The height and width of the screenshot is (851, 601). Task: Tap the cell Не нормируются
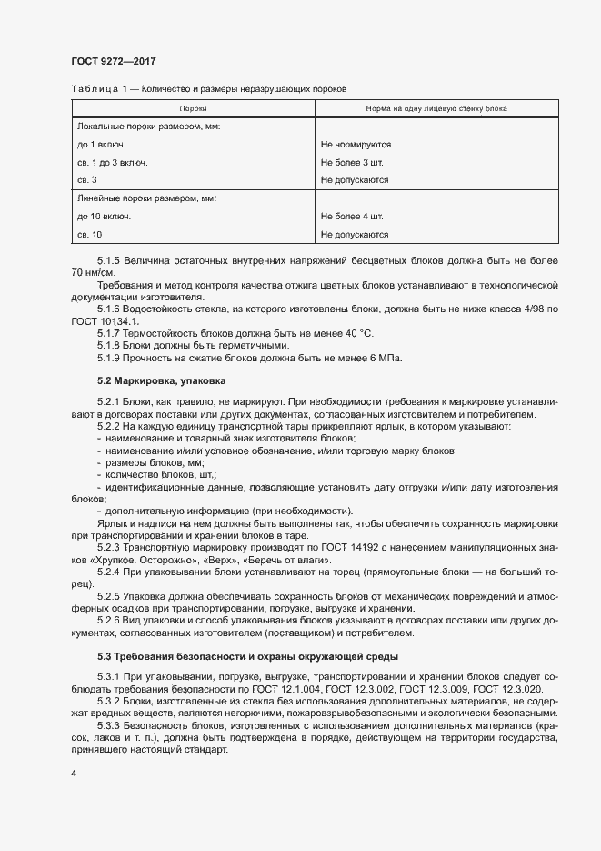click(356, 144)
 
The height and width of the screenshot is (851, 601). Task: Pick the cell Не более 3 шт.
click(353, 162)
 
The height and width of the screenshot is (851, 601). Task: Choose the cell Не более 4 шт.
click(353, 217)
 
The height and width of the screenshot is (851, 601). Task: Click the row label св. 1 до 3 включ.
click(113, 162)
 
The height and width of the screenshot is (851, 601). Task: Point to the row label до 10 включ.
click(105, 217)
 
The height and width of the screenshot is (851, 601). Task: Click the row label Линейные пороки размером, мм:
click(147, 198)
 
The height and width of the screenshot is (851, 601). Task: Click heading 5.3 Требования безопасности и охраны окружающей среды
click(246, 656)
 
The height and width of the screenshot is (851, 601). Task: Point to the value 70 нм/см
click(93, 272)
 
